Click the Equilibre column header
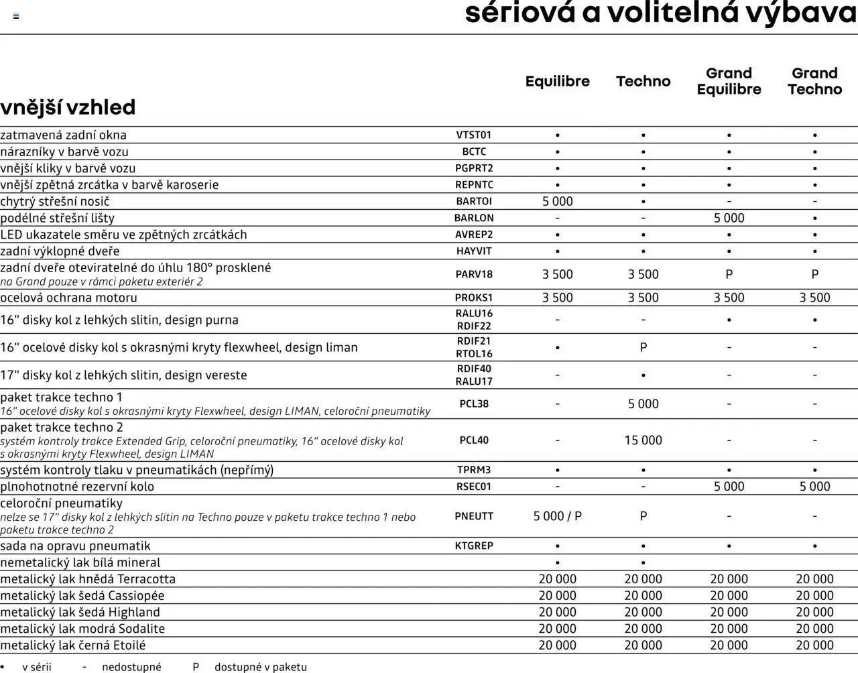[557, 81]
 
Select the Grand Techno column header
[814, 81]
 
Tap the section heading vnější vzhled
[68, 107]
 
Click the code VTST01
[474, 135]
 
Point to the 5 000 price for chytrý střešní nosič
[557, 201]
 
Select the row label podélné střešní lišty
[58, 218]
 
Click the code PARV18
[474, 274]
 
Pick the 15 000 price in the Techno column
[643, 440]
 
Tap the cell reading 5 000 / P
[557, 516]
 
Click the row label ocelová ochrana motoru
[68, 298]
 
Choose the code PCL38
[474, 404]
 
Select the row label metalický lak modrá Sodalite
[82, 629]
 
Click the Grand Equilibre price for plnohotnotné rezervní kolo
[729, 487]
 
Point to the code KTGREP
[474, 546]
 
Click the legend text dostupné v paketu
[260, 667]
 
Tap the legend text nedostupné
[131, 667]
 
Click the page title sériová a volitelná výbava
[660, 13]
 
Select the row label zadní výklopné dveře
[60, 251]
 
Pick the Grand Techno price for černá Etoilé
[814, 646]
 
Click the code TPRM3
[474, 470]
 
